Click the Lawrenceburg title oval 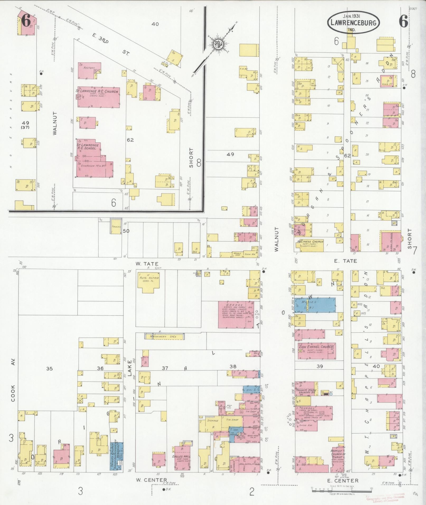[x=353, y=23]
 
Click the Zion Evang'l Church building [x=316, y=351]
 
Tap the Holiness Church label [x=310, y=242]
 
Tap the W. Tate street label [x=147, y=264]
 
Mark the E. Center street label [x=346, y=481]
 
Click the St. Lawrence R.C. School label [x=88, y=147]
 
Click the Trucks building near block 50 [x=116, y=226]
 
